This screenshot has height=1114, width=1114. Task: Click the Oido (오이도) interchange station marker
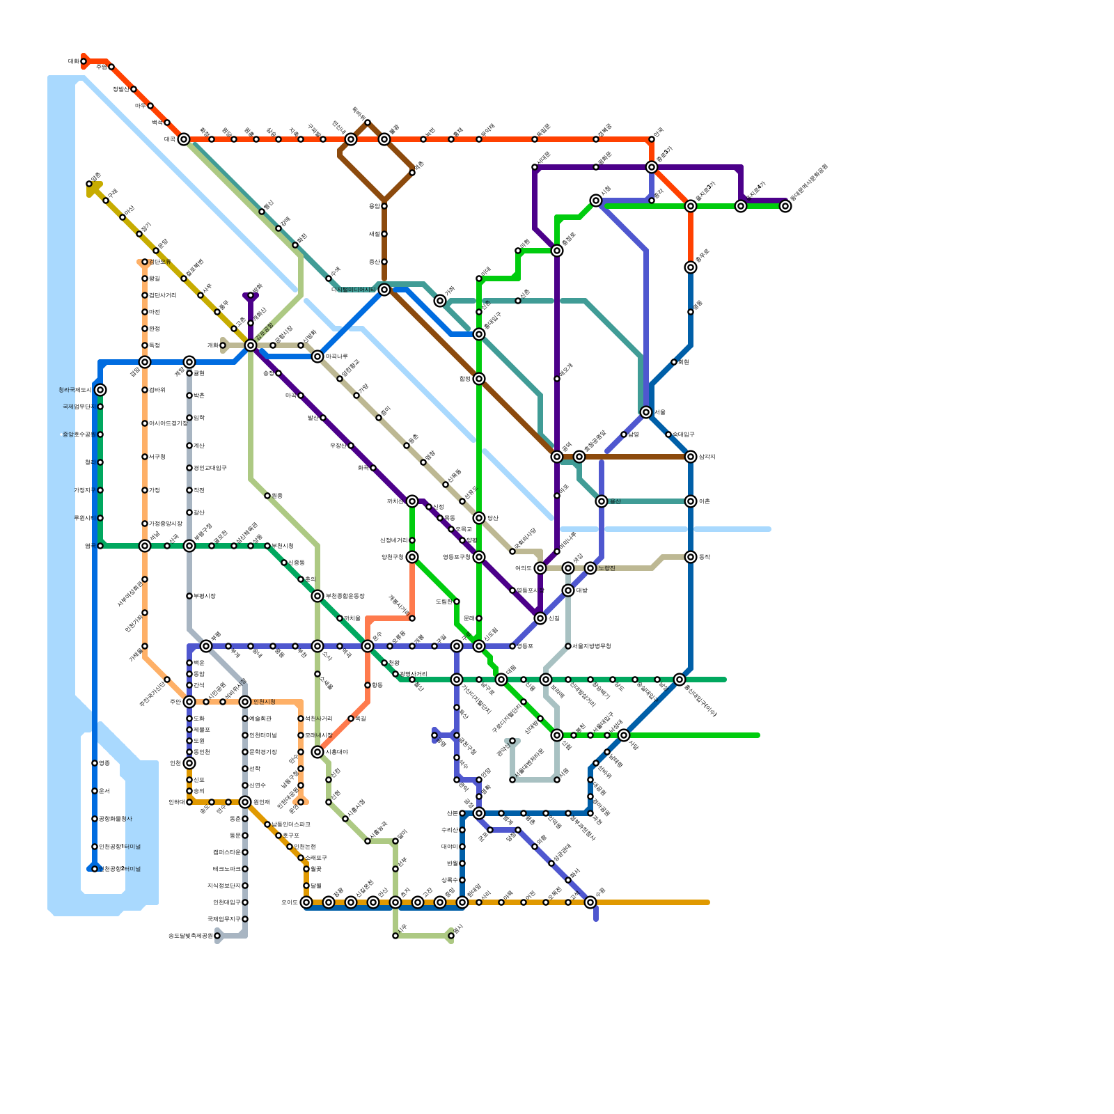coord(306,902)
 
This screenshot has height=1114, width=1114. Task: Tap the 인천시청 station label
coord(265,702)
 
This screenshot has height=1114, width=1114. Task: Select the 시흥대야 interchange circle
coord(317,752)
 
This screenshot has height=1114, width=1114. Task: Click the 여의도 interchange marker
coord(540,568)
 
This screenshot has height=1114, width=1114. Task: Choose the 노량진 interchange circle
coord(590,568)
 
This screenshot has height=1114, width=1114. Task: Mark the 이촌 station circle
coord(691,501)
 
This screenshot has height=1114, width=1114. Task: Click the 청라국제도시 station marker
coord(100,390)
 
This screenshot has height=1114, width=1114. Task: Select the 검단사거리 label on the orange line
coord(163,295)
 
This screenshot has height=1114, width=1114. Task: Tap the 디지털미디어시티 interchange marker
coord(384,290)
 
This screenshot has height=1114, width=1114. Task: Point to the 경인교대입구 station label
coord(210,468)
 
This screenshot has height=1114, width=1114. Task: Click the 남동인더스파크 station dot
coord(267,824)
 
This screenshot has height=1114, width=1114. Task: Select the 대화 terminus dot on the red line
coord(84,61)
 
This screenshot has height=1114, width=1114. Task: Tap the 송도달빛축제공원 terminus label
coord(189,936)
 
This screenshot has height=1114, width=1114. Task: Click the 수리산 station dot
coord(462,830)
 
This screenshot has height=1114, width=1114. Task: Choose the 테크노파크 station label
coord(226,869)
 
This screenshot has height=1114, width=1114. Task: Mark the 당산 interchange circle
coord(479,518)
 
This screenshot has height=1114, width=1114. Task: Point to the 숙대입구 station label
coord(683,434)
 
